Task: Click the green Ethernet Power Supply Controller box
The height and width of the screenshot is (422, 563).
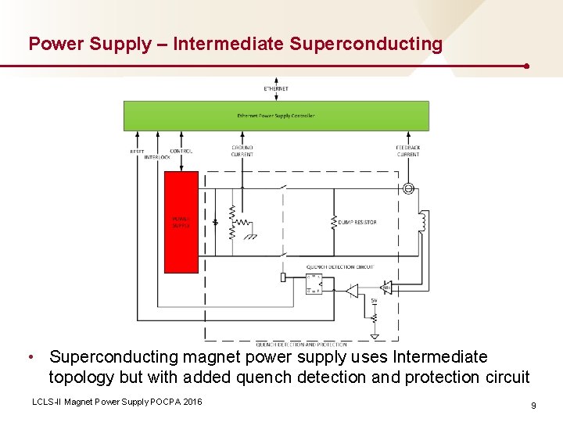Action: coord(276,116)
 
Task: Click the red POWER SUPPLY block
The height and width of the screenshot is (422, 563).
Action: coord(181,222)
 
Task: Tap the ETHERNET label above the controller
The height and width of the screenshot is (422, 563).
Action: coord(276,89)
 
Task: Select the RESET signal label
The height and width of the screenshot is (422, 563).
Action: coord(137,151)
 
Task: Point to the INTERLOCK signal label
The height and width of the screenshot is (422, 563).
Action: coord(157,157)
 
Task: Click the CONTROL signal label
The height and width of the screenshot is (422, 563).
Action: coord(181,151)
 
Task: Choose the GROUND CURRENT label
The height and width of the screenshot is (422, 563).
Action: coord(242,151)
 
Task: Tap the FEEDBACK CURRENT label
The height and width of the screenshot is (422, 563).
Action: coord(407,151)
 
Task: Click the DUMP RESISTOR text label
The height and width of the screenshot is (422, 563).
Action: coord(357,222)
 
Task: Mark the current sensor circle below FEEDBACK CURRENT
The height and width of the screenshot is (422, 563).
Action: coord(407,188)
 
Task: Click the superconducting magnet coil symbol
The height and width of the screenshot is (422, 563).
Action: coord(423,222)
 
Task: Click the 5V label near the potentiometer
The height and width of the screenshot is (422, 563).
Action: coord(374,301)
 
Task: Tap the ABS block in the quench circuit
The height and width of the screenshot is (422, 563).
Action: coord(385,288)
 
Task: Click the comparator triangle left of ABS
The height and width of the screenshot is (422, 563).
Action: coord(352,291)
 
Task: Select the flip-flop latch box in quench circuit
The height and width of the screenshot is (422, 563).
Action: coord(314,285)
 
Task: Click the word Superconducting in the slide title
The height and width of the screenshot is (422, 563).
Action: coord(365,44)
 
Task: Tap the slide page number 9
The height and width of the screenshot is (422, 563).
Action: coord(533,406)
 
